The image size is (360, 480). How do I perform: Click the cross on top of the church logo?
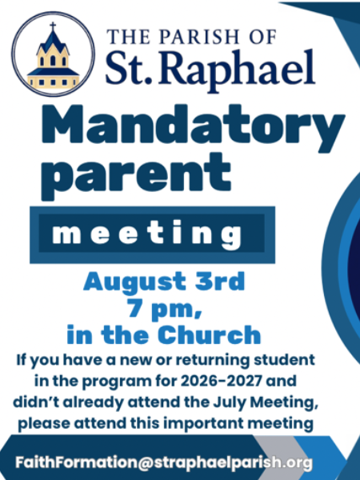click(53, 26)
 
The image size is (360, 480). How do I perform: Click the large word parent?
click(136, 176)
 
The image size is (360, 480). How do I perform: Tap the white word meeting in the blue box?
click(147, 235)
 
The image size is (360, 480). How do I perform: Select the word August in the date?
click(134, 282)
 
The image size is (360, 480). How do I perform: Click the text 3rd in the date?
click(220, 281)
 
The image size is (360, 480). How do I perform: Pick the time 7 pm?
click(165, 309)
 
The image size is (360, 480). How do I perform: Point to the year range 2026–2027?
click(222, 381)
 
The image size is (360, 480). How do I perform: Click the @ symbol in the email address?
click(146, 462)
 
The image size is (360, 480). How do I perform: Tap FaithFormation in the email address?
click(77, 462)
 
